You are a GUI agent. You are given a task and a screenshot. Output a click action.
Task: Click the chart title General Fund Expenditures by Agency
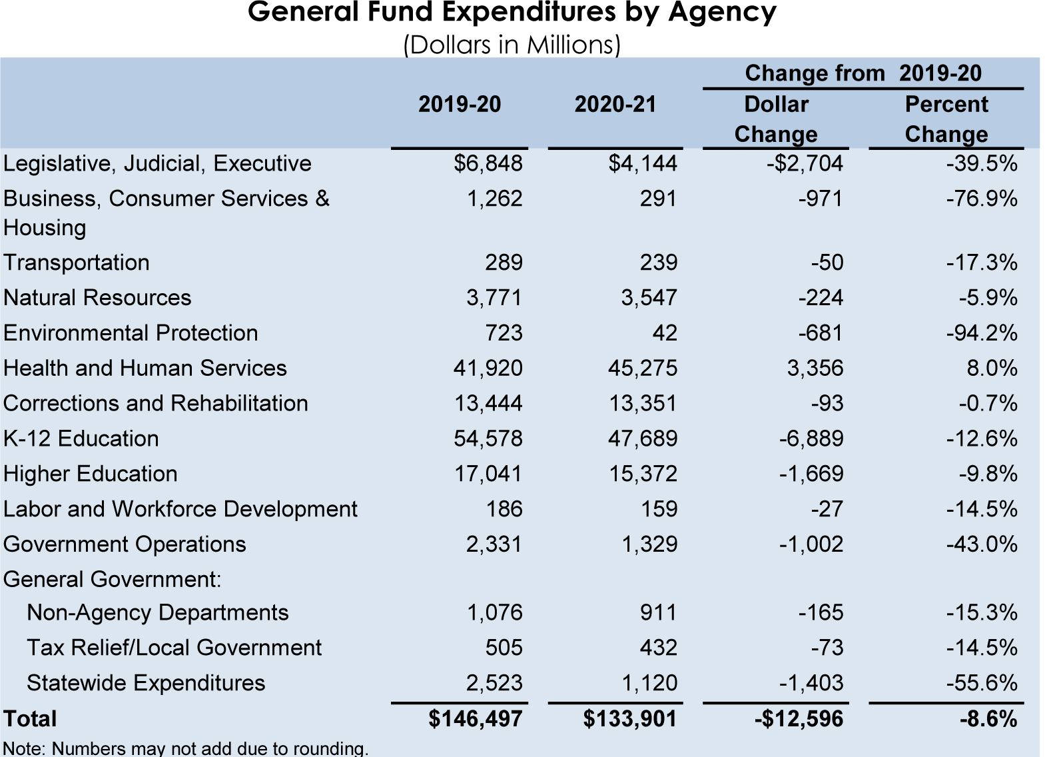click(512, 13)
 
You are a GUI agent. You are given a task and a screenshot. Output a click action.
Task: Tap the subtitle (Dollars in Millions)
click(512, 45)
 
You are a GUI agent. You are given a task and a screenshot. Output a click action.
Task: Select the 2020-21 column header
click(615, 104)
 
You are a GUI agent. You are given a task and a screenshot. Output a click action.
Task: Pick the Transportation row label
click(77, 263)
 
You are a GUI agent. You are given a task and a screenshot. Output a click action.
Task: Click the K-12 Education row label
click(81, 438)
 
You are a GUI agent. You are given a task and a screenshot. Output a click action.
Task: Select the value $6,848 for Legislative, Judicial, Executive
click(488, 163)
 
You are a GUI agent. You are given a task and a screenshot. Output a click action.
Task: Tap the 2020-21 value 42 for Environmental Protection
click(664, 333)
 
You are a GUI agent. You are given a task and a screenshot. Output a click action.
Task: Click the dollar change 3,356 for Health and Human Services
click(815, 368)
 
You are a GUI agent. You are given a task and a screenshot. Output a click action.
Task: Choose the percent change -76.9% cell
click(982, 199)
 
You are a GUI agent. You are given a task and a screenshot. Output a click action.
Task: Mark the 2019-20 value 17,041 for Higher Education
click(488, 474)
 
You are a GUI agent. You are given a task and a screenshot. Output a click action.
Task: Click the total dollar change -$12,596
click(799, 719)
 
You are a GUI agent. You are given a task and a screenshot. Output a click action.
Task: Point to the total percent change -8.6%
click(988, 719)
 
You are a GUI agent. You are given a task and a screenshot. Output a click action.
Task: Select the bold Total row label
click(31, 719)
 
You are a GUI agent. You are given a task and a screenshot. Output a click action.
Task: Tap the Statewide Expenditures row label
click(146, 683)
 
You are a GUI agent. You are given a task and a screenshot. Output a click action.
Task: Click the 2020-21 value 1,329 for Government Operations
click(649, 544)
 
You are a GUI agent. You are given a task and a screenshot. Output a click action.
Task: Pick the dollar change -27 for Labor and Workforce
click(827, 509)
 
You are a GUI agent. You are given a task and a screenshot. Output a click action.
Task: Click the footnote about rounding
click(186, 748)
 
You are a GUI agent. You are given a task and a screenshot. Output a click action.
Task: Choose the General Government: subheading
click(113, 579)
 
